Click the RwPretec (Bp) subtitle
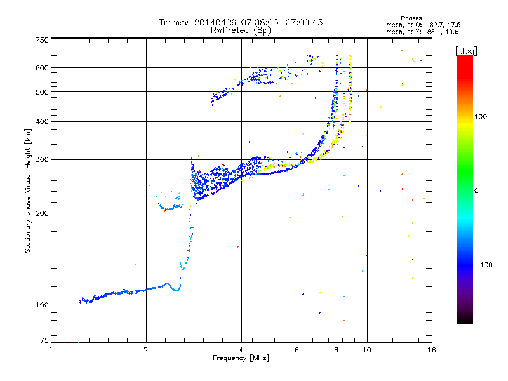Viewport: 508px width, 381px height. pos(241,30)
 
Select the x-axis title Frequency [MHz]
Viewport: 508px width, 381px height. pos(241,359)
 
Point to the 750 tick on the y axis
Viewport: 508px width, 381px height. pos(43,40)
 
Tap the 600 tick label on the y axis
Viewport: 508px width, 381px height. pos(43,67)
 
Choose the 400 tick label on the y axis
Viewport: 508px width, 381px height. pos(43,121)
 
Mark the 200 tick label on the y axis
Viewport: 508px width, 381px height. pos(43,213)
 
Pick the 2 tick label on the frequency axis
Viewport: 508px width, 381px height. pos(146,350)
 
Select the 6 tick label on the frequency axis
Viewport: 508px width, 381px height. pos(297,350)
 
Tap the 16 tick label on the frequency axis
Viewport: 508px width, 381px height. pos(432,350)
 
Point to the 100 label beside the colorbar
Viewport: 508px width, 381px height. pos(481,117)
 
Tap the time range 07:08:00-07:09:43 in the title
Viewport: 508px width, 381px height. pos(284,22)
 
